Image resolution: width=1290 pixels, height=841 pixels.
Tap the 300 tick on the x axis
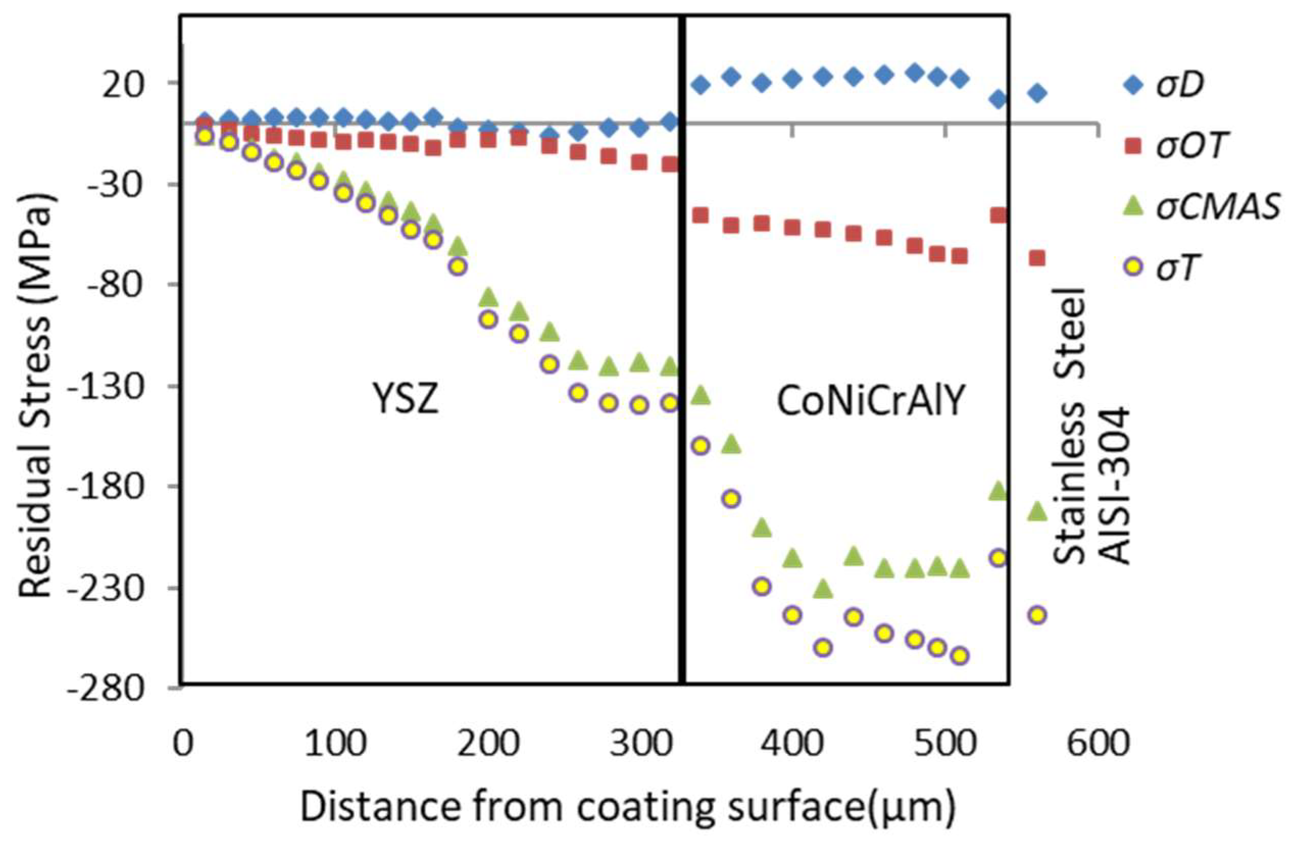click(x=640, y=743)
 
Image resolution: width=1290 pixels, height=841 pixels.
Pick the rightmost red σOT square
click(x=1038, y=258)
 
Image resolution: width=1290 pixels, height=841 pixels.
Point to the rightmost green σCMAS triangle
click(x=1038, y=510)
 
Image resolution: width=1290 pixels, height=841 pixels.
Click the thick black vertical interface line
click(x=682, y=352)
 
